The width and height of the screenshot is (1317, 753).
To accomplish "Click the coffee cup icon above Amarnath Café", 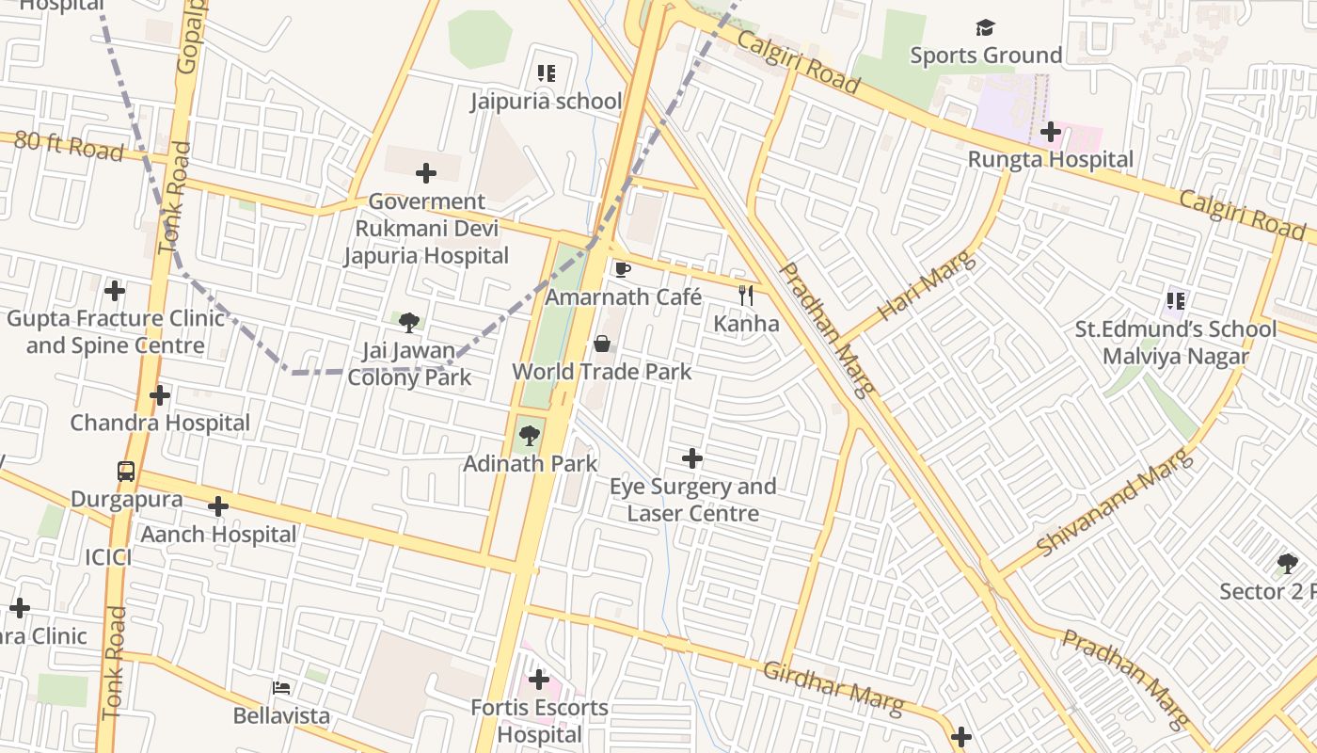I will pos(622,269).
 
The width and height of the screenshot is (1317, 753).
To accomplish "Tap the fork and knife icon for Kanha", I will pos(746,296).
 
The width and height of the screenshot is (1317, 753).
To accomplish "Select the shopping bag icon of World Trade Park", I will pos(602,344).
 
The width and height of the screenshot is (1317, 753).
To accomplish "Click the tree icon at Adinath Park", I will pos(530,435).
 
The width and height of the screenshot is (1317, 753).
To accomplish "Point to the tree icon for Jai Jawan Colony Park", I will pos(409,323).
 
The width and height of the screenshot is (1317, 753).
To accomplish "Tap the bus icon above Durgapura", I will pos(126,471).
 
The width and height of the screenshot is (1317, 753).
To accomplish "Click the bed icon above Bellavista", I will pos(281,688).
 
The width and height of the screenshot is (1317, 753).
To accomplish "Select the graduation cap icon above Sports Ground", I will pos(985,27).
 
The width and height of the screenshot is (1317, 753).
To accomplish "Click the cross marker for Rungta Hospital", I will pos(1051,132).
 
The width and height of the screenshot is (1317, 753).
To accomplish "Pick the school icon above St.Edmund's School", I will pos(1175,301).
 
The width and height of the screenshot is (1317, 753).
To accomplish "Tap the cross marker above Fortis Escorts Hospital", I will pos(539,679).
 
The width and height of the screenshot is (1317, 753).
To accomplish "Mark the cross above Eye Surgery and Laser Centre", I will pos(692,458).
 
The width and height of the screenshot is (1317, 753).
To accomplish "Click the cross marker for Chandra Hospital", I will pos(160,395).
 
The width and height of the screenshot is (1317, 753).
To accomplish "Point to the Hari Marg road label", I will pos(927,286).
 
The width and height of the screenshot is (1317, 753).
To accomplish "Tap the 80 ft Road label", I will pos(69,147).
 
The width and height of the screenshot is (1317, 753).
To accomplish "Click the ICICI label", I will pos(108,557).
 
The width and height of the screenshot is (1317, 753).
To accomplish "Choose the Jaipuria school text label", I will pos(547,101).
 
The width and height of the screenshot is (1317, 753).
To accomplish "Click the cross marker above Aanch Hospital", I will pos(218,506).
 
